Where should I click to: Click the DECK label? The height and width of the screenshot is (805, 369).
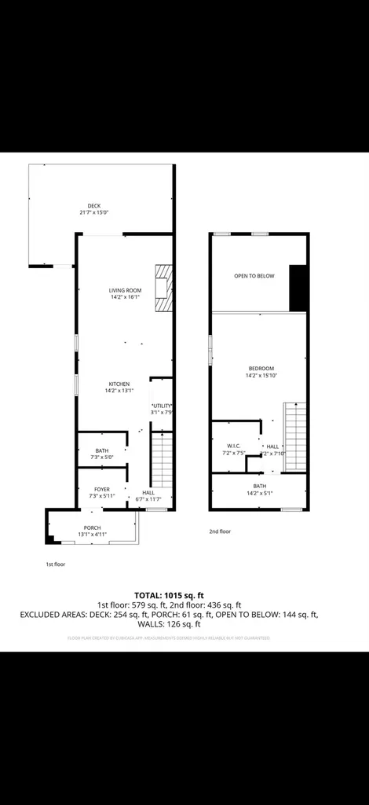(x=94, y=206)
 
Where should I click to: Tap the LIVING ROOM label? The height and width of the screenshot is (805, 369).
(x=125, y=291)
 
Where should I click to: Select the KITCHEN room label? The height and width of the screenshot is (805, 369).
(x=119, y=384)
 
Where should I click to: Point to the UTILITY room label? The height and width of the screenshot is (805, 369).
(x=161, y=405)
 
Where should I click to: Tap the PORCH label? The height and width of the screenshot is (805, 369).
(x=93, y=527)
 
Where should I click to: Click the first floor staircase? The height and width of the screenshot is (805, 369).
(x=162, y=465)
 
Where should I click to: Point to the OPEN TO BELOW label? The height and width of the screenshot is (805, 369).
(x=254, y=276)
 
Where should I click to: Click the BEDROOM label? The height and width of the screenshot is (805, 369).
(x=261, y=369)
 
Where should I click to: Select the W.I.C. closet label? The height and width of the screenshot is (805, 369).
(x=234, y=446)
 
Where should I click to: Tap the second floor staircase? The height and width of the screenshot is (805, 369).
(x=295, y=436)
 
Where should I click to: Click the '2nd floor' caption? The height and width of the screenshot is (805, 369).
(x=220, y=531)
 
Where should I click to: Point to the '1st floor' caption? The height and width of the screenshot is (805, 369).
(x=56, y=564)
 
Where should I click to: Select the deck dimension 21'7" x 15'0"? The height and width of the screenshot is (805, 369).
(x=94, y=213)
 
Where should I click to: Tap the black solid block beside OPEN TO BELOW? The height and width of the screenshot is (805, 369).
(x=298, y=288)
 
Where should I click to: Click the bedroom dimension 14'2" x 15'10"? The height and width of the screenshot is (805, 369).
(x=261, y=376)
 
